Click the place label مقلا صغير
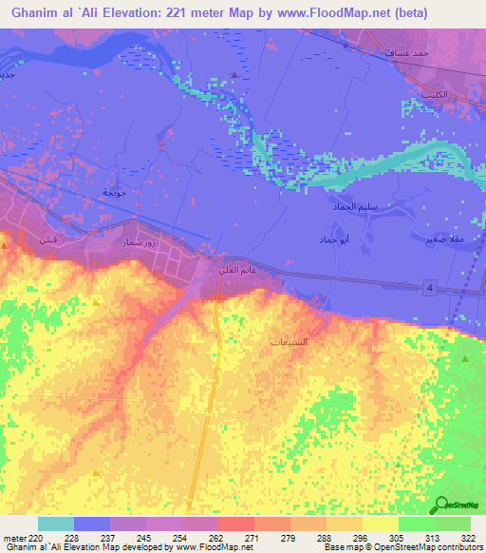click(442, 239)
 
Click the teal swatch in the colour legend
click(55, 524)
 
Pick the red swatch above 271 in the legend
click(235, 524)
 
